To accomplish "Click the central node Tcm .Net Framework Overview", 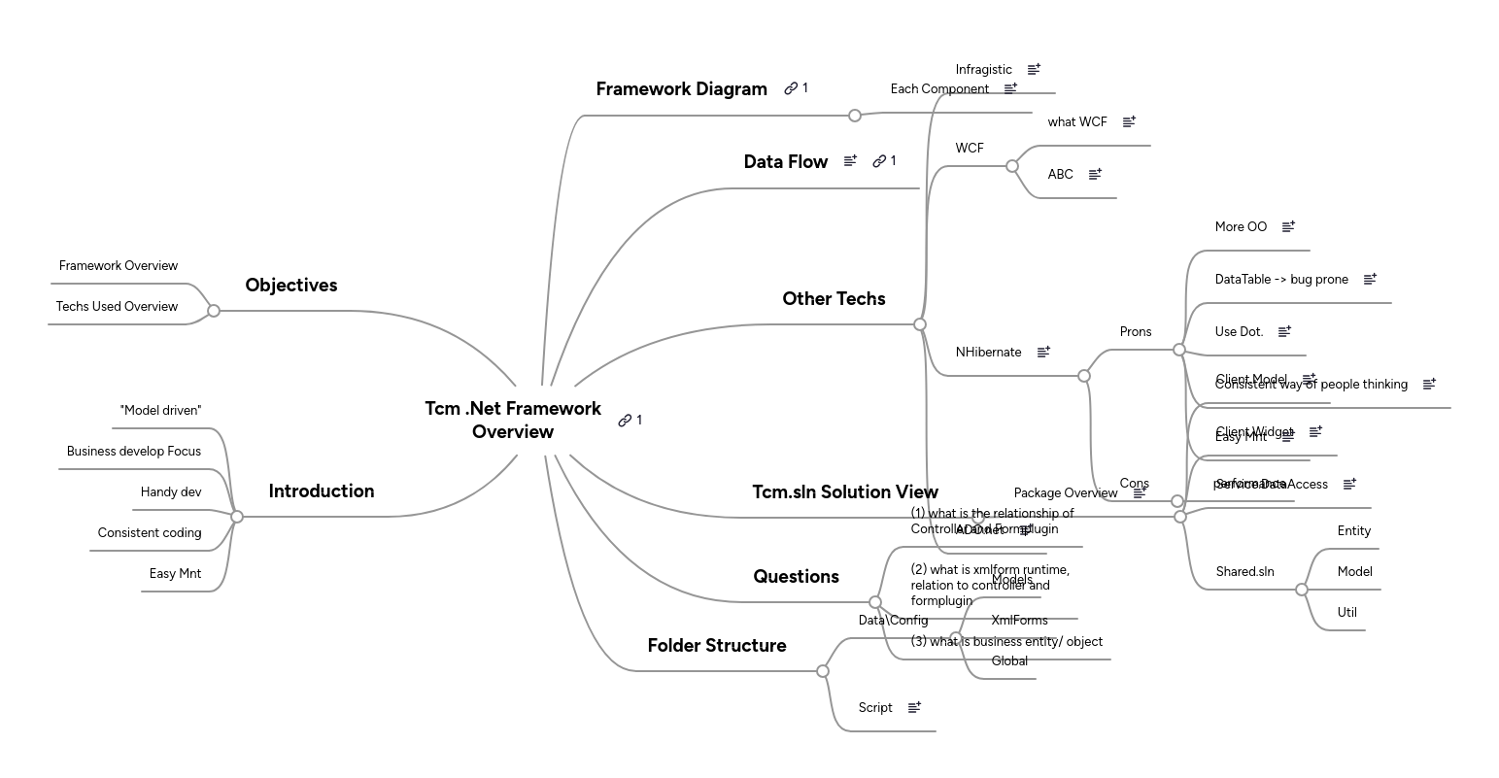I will coord(513,420).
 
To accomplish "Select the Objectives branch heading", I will coord(290,286).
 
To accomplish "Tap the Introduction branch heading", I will coord(321,491).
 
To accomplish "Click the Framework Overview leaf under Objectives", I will coord(119,266).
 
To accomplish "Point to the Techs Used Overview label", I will coord(117,307).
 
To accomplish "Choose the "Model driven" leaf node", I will coord(160,411).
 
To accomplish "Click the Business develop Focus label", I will coord(134,452).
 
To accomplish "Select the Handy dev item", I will coord(171,492).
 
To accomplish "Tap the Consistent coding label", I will coord(150,533).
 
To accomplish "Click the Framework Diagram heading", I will coord(681,89).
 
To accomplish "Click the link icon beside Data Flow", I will coord(879,161).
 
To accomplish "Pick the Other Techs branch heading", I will coord(834,299).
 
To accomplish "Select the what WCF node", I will coord(1077,122).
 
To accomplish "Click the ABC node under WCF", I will coord(1060,175).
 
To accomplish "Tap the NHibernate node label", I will coord(988,353).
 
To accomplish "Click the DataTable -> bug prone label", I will coord(1281,280).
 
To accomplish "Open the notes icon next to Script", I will coord(914,708).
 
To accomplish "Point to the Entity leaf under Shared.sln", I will coord(1353,531).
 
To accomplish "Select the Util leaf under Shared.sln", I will coord(1346,613).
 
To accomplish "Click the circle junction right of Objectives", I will coord(214,311).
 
